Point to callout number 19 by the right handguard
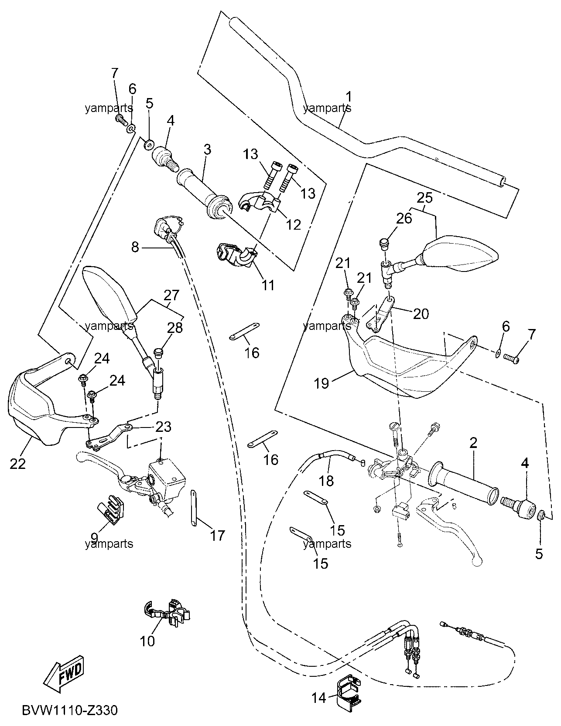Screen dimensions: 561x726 click(x=322, y=383)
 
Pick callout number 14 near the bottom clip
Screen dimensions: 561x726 click(x=319, y=698)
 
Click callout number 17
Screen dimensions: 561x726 click(x=217, y=535)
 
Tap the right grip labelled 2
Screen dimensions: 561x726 click(x=464, y=485)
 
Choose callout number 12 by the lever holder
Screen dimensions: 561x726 click(x=293, y=224)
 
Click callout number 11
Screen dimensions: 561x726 click(x=268, y=285)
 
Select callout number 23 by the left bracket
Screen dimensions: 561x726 click(x=163, y=426)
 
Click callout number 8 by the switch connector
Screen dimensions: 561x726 click(x=135, y=247)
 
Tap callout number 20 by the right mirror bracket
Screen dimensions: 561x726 click(x=421, y=314)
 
